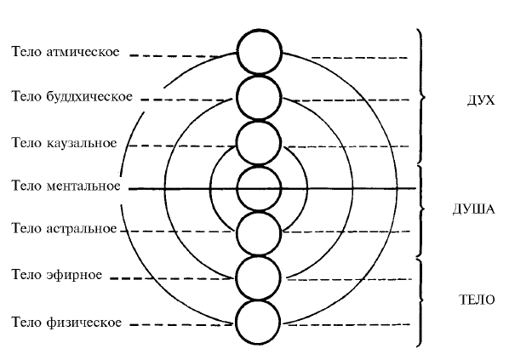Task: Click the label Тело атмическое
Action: [x=66, y=52]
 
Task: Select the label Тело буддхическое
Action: [x=72, y=97]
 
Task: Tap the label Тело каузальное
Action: [x=65, y=143]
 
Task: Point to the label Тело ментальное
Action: [x=66, y=186]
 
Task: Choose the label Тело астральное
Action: [x=65, y=229]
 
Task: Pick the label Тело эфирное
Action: [x=57, y=275]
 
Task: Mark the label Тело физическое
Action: [x=66, y=323]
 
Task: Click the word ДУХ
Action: [x=481, y=100]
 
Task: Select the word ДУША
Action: [x=474, y=209]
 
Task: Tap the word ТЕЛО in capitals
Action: [x=478, y=300]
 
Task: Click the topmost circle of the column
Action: [x=260, y=52]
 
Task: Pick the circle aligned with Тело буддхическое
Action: [x=259, y=97]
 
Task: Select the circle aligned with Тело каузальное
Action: [x=259, y=143]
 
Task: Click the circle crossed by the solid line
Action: [x=259, y=189]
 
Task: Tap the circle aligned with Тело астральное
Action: [x=259, y=233]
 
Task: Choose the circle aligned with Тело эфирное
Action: [x=258, y=277]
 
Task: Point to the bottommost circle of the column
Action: [x=258, y=323]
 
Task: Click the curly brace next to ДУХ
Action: [x=421, y=96]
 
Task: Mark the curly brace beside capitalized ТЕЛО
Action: [x=421, y=302]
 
